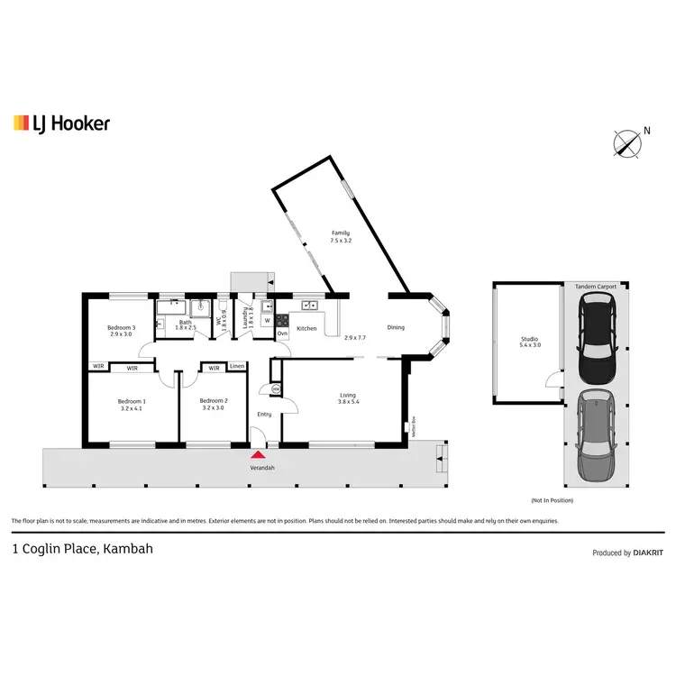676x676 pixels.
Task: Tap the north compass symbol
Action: click(x=626, y=143)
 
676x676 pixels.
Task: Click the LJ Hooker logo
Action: click(x=61, y=123)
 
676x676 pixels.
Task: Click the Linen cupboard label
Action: click(x=236, y=367)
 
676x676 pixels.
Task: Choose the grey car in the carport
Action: click(x=594, y=436)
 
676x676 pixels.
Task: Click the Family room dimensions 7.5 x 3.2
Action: click(x=340, y=241)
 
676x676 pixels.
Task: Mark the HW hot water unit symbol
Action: click(x=276, y=388)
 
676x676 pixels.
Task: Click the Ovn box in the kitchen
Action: click(x=281, y=333)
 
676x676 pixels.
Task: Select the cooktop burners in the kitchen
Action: click(x=281, y=319)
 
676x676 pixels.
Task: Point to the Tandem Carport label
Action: click(x=595, y=286)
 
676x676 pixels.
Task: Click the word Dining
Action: click(x=396, y=328)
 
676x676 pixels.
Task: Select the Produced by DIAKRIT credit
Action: click(x=628, y=553)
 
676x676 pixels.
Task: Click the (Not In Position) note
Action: click(x=553, y=500)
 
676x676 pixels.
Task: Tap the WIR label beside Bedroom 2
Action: click(x=214, y=367)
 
